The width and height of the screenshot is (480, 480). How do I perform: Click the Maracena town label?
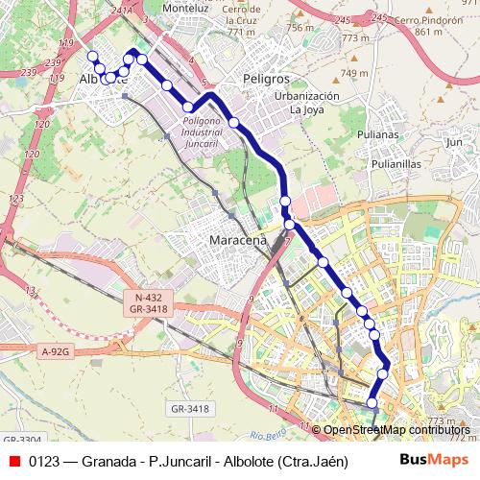tap(237, 240)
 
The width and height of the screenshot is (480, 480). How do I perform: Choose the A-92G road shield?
tap(57, 352)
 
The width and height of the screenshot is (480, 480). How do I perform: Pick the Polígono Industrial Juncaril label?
tap(210, 129)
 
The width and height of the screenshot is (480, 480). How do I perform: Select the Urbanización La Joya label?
tap(307, 103)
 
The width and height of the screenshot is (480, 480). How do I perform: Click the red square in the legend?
tap(14, 460)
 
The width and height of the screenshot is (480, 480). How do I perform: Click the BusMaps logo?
tap(432, 460)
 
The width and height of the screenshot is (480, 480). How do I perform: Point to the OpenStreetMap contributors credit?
tap(396, 430)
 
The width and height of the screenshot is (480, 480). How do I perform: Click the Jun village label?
tap(454, 142)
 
